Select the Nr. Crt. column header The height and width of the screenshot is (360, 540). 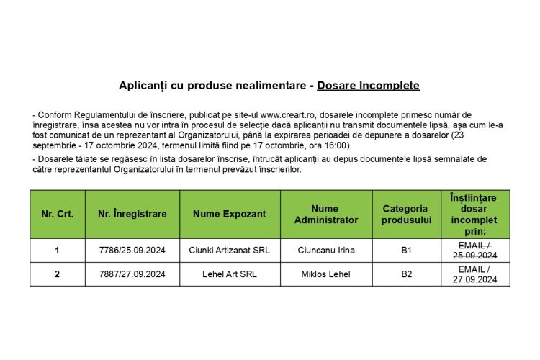tap(57, 214)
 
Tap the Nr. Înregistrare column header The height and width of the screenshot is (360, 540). tap(132, 214)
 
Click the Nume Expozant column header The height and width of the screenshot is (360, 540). tap(230, 214)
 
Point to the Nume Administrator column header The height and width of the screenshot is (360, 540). tap(326, 214)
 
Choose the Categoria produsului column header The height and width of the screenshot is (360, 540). tap(406, 214)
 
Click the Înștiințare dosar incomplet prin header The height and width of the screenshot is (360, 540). tap(474, 214)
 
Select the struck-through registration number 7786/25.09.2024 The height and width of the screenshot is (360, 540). tap(132, 251)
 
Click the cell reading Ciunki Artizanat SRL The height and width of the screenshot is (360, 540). tap(230, 251)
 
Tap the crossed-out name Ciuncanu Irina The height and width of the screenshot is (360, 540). tap(326, 251)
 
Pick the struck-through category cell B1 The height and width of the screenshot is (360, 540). tap(406, 251)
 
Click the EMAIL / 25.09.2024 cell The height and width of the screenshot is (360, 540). tap(474, 251)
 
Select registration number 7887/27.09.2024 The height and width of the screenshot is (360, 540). tap(132, 274)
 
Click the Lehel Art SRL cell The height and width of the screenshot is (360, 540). tap(230, 274)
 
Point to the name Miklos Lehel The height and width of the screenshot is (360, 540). tap(326, 274)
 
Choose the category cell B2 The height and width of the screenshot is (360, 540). tap(406, 274)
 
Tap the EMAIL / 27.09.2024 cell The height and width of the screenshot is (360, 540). tap(474, 274)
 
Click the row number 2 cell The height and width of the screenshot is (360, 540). tap(57, 274)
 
